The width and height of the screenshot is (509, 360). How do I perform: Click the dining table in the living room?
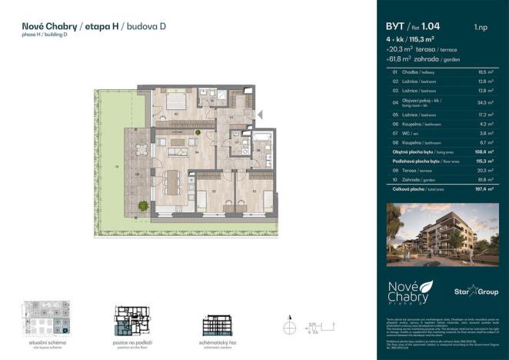(171, 182)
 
